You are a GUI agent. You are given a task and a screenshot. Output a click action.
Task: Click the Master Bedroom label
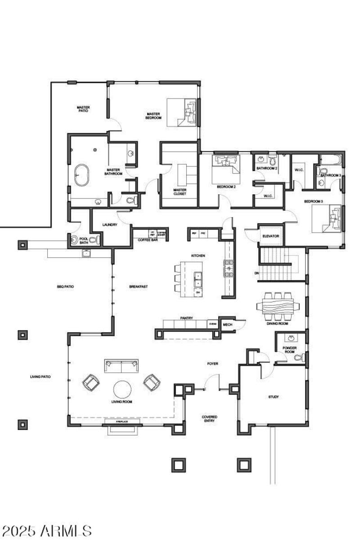(x=153, y=116)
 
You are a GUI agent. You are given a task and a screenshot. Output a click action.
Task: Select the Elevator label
(x=271, y=236)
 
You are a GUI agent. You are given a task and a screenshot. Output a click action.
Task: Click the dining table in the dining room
(x=275, y=306)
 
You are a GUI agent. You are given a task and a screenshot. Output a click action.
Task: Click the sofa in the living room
(x=121, y=365)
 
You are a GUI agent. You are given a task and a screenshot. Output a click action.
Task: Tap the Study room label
(x=273, y=397)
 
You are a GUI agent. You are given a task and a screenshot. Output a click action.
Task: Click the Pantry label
(x=187, y=318)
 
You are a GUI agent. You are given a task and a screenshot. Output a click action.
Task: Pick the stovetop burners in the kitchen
(x=229, y=268)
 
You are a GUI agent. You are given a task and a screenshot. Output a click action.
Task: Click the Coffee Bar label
(x=147, y=240)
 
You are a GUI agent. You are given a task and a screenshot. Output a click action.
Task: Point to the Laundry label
(x=110, y=224)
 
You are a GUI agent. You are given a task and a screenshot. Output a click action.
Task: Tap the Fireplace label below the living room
(x=122, y=422)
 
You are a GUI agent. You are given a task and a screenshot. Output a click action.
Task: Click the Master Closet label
(x=180, y=192)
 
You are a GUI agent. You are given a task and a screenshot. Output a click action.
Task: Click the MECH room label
(x=227, y=324)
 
